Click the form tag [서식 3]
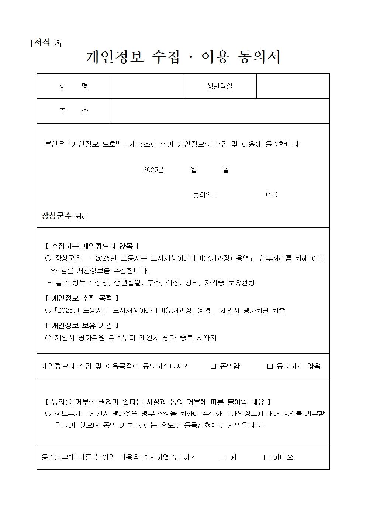(x=46, y=42)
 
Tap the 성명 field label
(x=73, y=86)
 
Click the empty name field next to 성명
(x=146, y=86)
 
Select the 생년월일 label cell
(x=220, y=86)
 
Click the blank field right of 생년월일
(x=293, y=86)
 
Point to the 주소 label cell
(x=73, y=111)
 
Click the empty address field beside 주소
(x=220, y=111)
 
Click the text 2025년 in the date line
(x=153, y=170)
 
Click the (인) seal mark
(x=272, y=195)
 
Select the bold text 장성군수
(x=56, y=216)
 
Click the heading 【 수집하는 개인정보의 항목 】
(x=91, y=246)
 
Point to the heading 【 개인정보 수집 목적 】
(x=82, y=298)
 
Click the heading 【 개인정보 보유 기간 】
(x=82, y=325)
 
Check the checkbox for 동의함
(x=213, y=366)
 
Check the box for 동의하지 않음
(x=270, y=366)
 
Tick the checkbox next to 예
(x=224, y=457)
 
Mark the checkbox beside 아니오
(x=267, y=457)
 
